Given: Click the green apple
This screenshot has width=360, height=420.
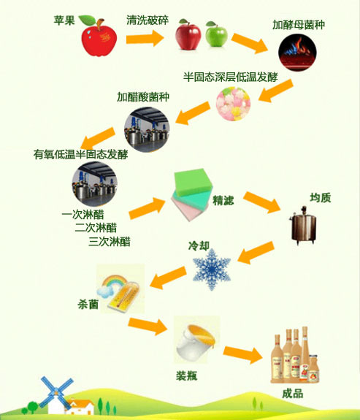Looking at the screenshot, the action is [x=216, y=34].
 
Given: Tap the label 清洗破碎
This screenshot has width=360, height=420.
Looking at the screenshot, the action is [x=148, y=20].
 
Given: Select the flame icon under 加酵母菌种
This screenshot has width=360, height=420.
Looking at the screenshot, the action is [x=297, y=53].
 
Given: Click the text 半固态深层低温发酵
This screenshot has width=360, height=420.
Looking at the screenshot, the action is [x=230, y=77].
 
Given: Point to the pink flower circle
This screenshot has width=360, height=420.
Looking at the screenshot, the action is [x=233, y=104].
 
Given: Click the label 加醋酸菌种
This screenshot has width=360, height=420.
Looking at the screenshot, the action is [x=143, y=97].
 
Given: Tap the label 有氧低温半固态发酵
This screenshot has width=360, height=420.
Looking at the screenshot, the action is [x=80, y=154].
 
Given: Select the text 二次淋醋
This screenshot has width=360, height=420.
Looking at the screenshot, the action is [x=96, y=228].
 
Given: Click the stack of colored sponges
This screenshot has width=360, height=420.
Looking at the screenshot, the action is [x=192, y=194].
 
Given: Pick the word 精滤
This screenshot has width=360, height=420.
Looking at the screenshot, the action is [x=223, y=200].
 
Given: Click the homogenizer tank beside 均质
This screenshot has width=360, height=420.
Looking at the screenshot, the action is [x=304, y=226].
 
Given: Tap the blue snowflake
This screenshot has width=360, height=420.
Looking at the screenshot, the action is [x=212, y=270].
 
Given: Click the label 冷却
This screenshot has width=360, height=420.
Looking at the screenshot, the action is [x=199, y=245].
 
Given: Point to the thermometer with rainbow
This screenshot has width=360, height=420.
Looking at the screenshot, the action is [x=120, y=289].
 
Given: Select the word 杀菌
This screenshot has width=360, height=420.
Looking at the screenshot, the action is [x=88, y=305].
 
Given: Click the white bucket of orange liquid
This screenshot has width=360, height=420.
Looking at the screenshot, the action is [x=196, y=340].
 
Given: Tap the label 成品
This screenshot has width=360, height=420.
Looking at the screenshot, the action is [x=293, y=394].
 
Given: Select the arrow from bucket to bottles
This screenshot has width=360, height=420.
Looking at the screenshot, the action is [x=243, y=354].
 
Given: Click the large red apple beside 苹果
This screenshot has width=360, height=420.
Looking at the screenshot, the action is [x=99, y=37].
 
